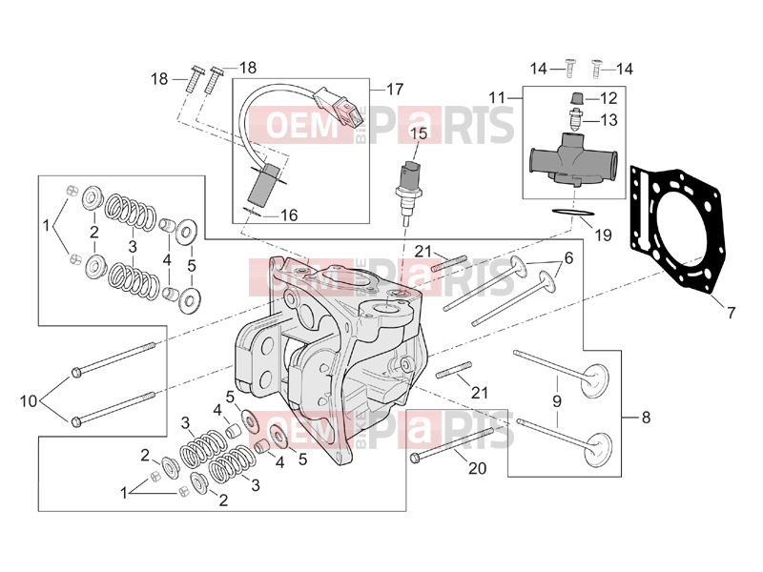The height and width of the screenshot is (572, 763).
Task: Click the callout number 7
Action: point(731,313)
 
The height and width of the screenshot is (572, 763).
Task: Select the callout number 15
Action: point(419,133)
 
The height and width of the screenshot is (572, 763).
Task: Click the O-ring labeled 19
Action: point(573,213)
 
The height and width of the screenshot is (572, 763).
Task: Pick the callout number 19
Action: point(603,235)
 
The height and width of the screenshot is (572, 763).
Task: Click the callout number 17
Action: point(395,90)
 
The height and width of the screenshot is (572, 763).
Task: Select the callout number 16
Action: point(289,214)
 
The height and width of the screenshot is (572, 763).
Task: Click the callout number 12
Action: point(608,98)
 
